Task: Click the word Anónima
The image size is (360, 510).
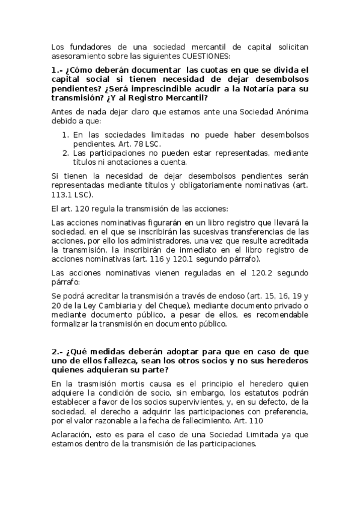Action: click(291, 111)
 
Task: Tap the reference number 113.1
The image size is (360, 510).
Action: click(62, 195)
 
